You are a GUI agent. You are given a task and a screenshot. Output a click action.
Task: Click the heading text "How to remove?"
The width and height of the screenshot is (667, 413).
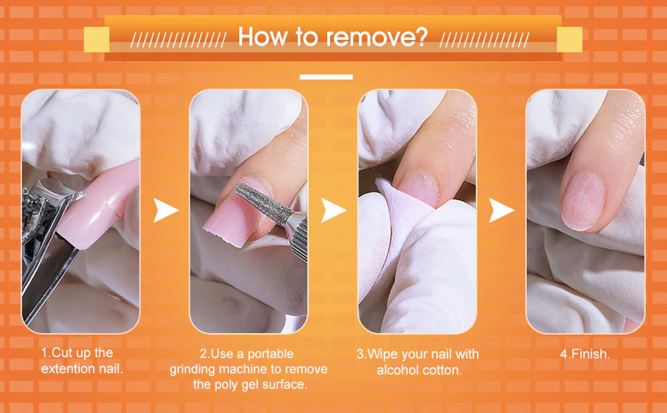click(333, 36)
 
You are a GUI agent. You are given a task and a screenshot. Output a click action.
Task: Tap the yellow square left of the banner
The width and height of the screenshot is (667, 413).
click(96, 39)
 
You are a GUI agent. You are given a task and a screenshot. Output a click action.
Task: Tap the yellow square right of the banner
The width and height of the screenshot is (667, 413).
click(569, 39)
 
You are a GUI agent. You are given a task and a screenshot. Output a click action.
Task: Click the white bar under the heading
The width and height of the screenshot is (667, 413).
click(326, 77)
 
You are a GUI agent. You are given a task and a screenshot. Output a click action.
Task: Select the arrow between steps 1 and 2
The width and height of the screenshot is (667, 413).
click(165, 210)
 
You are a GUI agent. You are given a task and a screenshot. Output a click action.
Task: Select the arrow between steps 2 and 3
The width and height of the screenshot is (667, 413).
click(333, 210)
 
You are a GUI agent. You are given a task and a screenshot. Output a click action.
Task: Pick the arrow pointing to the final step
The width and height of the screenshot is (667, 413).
click(501, 210)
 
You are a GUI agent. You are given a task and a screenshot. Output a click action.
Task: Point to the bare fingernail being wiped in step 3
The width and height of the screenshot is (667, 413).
click(418, 187)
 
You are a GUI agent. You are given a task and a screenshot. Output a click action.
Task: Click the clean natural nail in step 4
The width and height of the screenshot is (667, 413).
click(583, 201)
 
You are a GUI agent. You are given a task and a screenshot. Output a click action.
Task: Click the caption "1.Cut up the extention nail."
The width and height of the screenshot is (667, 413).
click(82, 361)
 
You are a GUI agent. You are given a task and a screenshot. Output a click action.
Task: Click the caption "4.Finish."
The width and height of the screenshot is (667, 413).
click(585, 353)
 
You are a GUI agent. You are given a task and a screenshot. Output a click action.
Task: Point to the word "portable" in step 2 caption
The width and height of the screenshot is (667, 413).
click(270, 353)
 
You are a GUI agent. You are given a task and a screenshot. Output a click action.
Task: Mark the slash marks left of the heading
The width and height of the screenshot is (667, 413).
click(178, 40)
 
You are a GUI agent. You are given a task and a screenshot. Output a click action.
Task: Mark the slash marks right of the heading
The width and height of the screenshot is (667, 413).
click(484, 40)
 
